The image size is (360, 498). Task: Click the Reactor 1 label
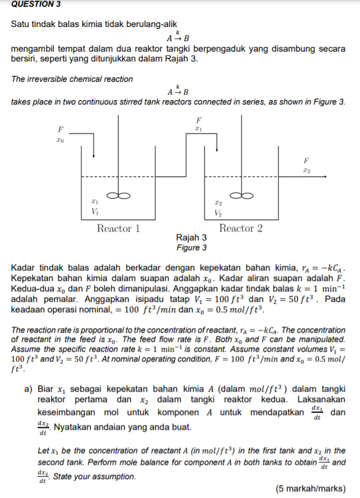coord(118,229)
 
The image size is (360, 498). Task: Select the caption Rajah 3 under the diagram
coord(191,238)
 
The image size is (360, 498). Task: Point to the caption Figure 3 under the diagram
coord(191,247)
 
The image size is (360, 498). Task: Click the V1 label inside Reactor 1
coord(94,212)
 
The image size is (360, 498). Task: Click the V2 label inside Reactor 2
coord(218,212)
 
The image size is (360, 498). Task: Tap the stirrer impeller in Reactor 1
coord(118,196)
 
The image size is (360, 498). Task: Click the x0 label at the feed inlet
coord(59,140)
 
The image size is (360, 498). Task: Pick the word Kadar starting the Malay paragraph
coord(24,269)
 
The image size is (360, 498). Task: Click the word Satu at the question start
coord(21,25)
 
